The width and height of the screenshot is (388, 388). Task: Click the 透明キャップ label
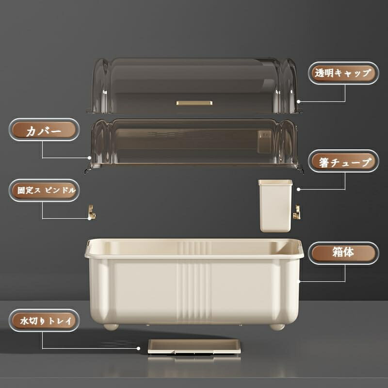coord(343,73)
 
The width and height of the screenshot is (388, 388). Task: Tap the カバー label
coord(44,129)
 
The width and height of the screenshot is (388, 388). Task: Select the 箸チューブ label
coord(343,161)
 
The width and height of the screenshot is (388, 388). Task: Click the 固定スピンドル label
coord(44,190)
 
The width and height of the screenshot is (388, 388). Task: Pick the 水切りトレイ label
coord(44,321)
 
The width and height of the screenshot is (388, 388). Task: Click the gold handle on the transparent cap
coord(194,103)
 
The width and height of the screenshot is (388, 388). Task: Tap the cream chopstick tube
coord(275,206)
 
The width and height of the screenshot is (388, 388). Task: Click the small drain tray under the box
coord(194,346)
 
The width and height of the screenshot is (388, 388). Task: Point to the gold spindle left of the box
coord(92,212)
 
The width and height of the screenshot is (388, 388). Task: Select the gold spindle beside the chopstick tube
coord(297,212)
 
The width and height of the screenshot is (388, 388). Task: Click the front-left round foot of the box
coord(111,327)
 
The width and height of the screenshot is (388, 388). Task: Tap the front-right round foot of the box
coord(277,327)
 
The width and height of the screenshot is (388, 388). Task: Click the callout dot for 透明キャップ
coord(298,101)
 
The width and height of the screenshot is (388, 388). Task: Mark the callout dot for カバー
coord(89,158)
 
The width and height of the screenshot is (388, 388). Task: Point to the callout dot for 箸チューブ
coord(298,189)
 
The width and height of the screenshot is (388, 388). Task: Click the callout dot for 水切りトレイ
coord(139,348)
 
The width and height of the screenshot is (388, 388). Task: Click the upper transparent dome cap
coord(194,85)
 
